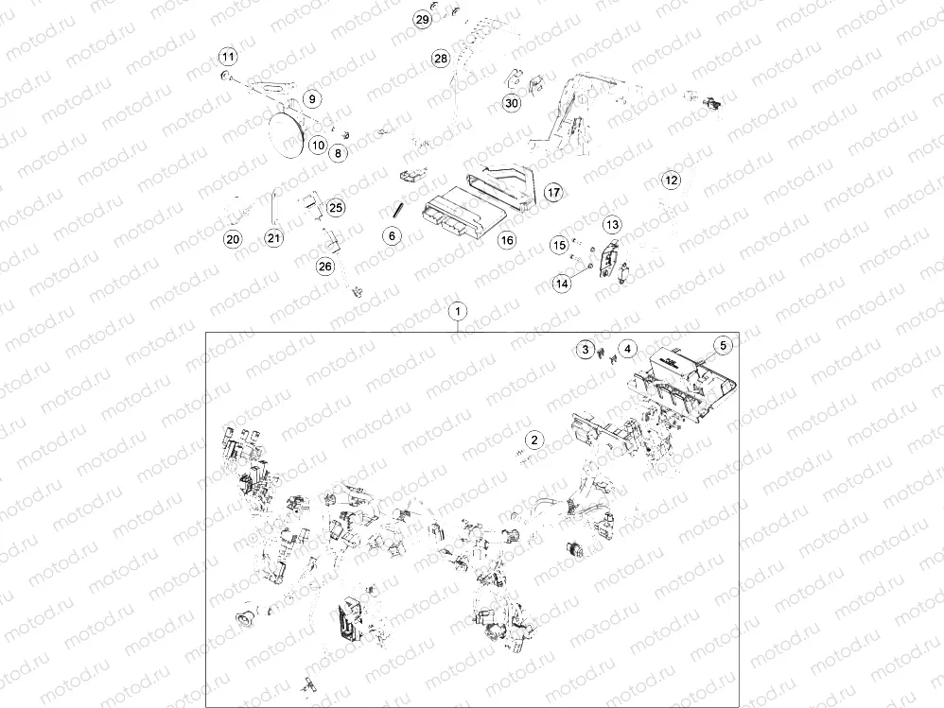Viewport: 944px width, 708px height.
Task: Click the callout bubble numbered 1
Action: tap(458, 312)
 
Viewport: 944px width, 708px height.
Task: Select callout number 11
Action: tap(228, 57)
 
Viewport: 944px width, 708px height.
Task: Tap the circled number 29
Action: tap(423, 19)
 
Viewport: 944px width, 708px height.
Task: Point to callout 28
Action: tap(441, 59)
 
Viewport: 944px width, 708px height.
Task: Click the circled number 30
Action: tap(511, 103)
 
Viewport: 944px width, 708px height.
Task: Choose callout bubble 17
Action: tap(553, 193)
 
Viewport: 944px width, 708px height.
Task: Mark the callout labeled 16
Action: tap(508, 240)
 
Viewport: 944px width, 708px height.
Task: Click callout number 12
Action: tap(672, 180)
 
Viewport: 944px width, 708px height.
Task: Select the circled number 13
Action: tap(612, 224)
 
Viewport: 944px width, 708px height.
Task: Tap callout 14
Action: tap(562, 284)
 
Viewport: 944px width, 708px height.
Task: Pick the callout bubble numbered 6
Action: tap(392, 235)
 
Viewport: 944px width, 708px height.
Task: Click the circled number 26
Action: tap(325, 266)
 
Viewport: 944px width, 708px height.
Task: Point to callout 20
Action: tap(233, 239)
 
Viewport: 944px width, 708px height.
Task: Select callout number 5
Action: tap(723, 345)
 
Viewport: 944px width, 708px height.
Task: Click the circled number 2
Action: tap(534, 440)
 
